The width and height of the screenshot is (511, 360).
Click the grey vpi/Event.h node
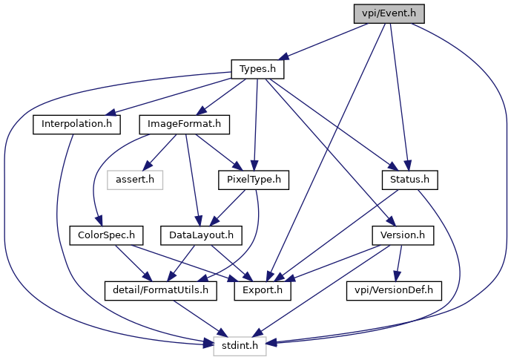coord(389,13)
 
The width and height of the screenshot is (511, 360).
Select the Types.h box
coord(257,69)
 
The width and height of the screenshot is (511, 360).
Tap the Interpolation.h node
coord(76,124)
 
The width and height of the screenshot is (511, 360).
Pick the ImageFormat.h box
coord(184,124)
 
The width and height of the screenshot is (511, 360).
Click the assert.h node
coord(135,180)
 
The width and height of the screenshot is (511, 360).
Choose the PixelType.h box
coord(254,180)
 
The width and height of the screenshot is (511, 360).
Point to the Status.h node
coord(409,180)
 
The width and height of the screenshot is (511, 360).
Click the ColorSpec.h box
coord(106,235)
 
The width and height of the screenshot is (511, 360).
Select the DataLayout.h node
coord(201,235)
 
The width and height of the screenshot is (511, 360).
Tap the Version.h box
coord(403,235)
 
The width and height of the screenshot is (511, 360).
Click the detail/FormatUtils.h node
coord(161,290)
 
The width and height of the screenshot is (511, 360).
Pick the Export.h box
coord(263,290)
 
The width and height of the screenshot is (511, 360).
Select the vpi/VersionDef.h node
coord(394,290)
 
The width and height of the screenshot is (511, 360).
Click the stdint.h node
coord(240,346)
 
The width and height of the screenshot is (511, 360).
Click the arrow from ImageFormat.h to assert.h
coord(162,151)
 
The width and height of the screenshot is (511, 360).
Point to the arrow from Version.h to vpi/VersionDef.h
coord(398,263)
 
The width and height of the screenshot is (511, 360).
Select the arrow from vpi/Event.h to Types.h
coord(323,42)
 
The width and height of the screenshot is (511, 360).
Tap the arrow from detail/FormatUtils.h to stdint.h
coord(200,318)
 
